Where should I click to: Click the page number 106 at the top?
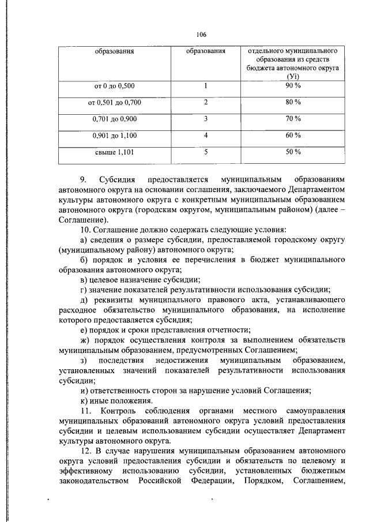[x=201, y=34]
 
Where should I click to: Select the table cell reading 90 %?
[x=293, y=86]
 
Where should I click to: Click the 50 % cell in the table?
[x=293, y=152]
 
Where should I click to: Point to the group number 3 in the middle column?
[x=205, y=119]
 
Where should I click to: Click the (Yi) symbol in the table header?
[x=293, y=76]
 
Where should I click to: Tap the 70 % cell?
[x=293, y=119]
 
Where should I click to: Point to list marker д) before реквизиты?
[x=84, y=301]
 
